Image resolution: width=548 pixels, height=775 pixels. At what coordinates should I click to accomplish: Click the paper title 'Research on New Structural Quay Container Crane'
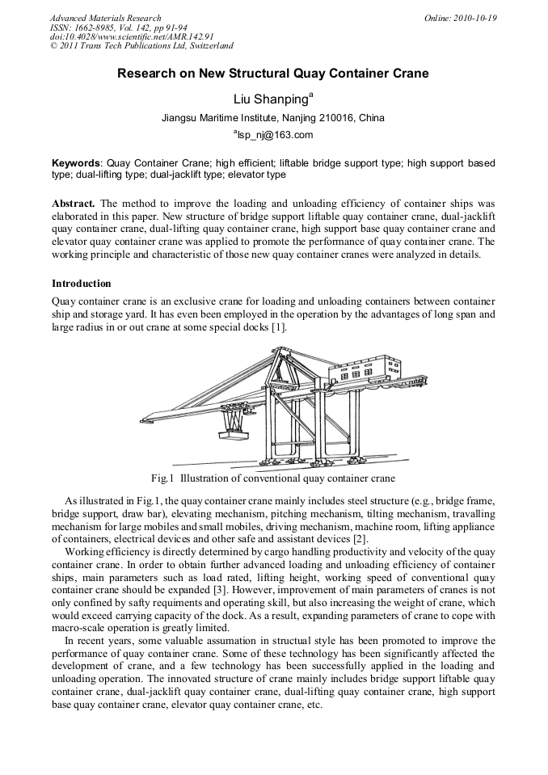point(273,74)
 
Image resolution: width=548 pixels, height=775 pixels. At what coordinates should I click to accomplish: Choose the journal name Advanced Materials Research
point(105,18)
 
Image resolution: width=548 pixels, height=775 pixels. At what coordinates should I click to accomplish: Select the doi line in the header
point(131,36)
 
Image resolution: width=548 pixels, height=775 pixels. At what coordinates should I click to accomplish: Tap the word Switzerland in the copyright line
point(207,46)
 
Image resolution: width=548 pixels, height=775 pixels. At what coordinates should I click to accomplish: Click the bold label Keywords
point(77,162)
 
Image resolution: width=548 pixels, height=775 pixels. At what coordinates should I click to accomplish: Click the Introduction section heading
point(81,284)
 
